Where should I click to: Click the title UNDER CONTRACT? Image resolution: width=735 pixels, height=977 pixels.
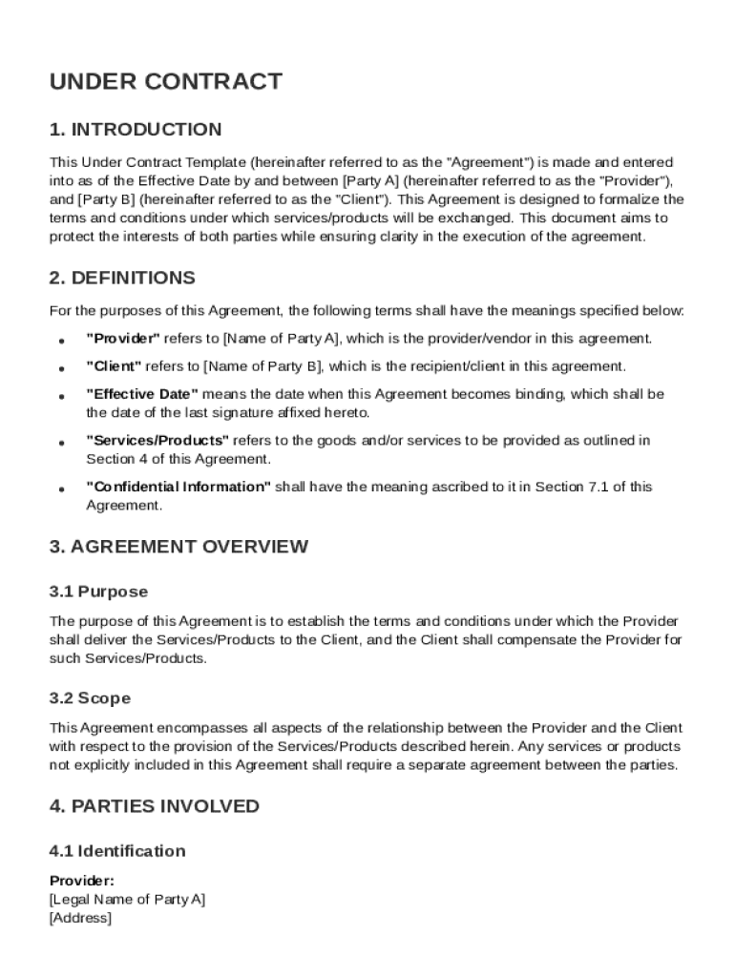click(x=165, y=82)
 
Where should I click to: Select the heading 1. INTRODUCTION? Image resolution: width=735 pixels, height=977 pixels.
click(x=135, y=130)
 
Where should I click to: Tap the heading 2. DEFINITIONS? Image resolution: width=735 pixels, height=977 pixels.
click(x=122, y=279)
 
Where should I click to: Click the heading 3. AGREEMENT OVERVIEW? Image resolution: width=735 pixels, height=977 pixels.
click(x=178, y=547)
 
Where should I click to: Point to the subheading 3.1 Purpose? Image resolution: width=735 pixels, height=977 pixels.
click(x=98, y=592)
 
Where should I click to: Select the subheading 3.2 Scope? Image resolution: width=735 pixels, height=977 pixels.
click(x=90, y=698)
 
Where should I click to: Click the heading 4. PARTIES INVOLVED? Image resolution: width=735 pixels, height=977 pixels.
click(x=154, y=806)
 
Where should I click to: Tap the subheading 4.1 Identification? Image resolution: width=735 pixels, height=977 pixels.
click(x=116, y=851)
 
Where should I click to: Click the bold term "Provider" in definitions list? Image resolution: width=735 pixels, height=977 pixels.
click(x=123, y=339)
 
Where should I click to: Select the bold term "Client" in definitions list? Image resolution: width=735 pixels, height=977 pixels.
click(x=114, y=366)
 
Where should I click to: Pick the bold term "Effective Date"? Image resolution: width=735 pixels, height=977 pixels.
click(x=142, y=394)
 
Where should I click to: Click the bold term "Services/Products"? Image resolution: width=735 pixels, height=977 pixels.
click(x=157, y=441)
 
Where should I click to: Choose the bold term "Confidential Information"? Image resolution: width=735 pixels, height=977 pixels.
click(x=178, y=487)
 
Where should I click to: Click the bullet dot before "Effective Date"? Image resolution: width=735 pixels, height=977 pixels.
click(x=60, y=396)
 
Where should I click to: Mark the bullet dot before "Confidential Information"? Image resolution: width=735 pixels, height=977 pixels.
click(x=60, y=488)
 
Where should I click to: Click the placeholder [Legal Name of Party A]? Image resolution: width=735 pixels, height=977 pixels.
click(x=126, y=900)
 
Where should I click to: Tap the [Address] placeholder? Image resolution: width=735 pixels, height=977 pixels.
click(x=80, y=918)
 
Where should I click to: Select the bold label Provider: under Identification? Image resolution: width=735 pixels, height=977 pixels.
click(x=81, y=882)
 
